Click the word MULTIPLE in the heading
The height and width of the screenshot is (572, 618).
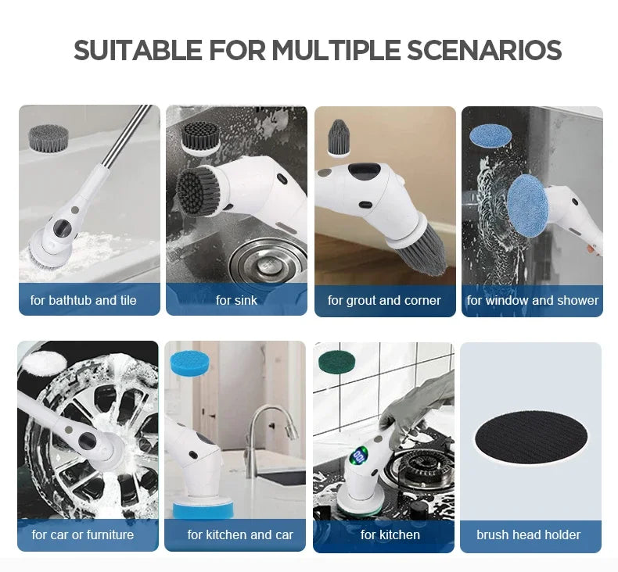pos(336,51)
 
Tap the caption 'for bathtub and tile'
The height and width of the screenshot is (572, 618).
pos(84,300)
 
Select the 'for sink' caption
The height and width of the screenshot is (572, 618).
pos(236,300)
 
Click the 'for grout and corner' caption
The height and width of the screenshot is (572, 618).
pos(384,300)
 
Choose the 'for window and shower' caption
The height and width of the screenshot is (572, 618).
pos(532,300)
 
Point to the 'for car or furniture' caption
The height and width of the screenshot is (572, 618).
pos(83,535)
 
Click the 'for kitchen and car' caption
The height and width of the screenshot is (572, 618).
pos(240,535)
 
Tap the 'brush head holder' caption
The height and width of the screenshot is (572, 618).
pos(529,535)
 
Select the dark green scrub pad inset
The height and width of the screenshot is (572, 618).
pos(336,362)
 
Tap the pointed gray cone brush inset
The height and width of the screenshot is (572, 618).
pos(339,138)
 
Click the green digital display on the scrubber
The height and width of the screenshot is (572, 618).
pos(359,456)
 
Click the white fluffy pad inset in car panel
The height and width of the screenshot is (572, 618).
pos(41,362)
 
